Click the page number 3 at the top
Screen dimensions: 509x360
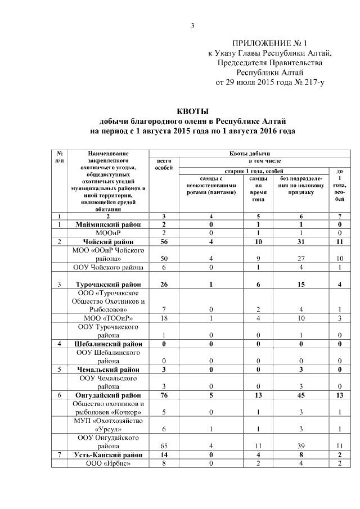tap(192, 25)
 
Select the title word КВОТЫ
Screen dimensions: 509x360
tap(193, 111)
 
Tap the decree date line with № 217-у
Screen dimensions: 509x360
tap(271, 82)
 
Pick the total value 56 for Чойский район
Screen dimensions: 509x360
tap(163, 241)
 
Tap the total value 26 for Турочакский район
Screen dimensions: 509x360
tap(163, 284)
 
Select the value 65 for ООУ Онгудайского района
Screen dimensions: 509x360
tap(163, 445)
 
